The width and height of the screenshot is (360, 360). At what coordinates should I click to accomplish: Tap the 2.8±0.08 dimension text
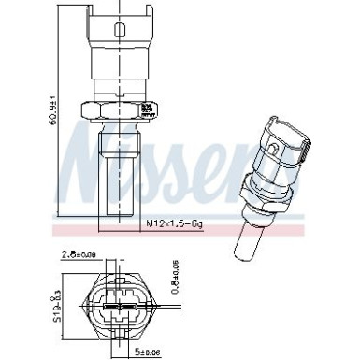[106, 252]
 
